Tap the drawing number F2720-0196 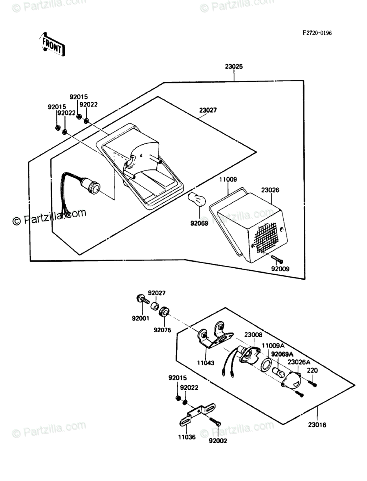point(317,33)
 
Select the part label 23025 point(234,66)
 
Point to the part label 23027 point(208,110)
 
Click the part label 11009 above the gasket point(228,180)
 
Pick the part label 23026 point(270,190)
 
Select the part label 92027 point(157,293)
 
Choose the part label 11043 point(206,363)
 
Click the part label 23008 point(253,335)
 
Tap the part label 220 point(312,370)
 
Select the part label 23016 point(317,425)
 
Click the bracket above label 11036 point(197,414)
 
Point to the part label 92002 point(218,441)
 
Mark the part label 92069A point(282,354)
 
